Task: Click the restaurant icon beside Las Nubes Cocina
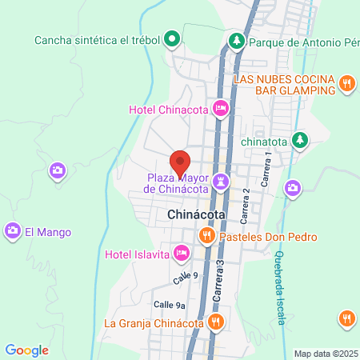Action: (347, 82)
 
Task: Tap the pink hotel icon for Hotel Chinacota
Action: (221, 109)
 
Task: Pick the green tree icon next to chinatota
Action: (300, 140)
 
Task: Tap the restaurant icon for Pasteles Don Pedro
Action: (206, 236)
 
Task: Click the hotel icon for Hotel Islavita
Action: (182, 254)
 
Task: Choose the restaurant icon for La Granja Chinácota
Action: (215, 323)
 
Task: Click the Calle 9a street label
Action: (170, 305)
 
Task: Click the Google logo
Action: (27, 350)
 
